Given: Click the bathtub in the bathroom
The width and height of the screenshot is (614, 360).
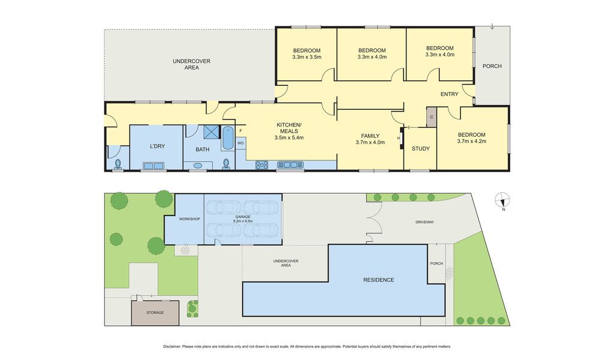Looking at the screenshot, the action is [227, 138].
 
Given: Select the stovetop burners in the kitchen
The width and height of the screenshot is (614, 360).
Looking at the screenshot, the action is [261, 165].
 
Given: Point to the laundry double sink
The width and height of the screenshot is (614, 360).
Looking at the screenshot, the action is [153, 166].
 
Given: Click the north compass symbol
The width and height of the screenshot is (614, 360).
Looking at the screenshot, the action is [502, 200].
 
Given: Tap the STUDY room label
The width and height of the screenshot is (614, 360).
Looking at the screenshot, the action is [420, 148].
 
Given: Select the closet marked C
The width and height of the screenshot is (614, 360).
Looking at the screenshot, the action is [432, 117].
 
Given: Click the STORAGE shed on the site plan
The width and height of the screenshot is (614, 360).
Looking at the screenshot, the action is [155, 313].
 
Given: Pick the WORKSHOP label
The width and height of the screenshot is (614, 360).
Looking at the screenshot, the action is [189, 219].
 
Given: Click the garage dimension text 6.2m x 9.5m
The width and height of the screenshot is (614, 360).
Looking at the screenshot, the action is [243, 221].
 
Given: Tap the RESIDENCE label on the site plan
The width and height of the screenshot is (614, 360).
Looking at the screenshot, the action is [379, 280].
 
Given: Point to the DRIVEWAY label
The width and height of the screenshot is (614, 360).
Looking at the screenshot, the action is [425, 222].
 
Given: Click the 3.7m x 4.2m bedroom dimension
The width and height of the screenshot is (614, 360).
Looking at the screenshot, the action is [471, 142].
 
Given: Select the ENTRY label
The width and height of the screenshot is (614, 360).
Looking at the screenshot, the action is [449, 94].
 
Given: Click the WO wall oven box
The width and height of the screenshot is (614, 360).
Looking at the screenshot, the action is [240, 143].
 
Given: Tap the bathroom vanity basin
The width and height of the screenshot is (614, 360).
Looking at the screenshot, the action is [198, 166].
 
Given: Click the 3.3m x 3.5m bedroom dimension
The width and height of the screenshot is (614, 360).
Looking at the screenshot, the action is [306, 57].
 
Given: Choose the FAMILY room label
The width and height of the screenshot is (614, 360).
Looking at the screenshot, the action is [370, 136].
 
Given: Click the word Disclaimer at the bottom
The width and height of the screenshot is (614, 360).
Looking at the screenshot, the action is [172, 347].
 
